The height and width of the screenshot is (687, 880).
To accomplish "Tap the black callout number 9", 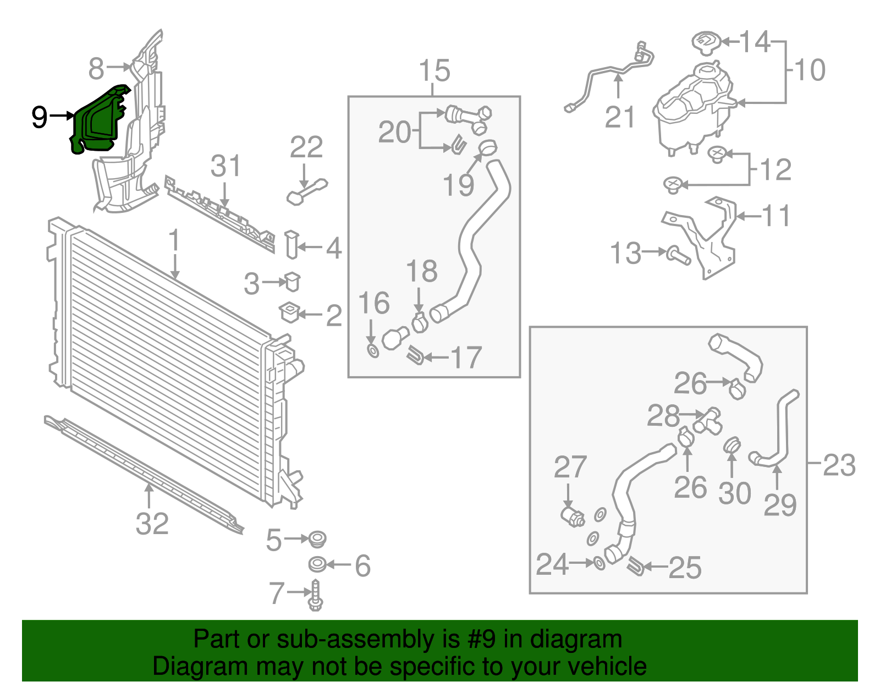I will [x=40, y=117].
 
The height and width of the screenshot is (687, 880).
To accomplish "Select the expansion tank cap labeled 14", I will [x=706, y=42].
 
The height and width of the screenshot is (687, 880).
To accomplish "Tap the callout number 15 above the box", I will [x=434, y=71].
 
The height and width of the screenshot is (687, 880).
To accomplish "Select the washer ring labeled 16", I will [x=373, y=351].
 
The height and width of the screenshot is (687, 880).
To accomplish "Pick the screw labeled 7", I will [x=316, y=596].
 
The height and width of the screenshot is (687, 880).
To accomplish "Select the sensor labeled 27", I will [x=573, y=516].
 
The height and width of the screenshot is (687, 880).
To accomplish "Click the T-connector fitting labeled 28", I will [x=709, y=421].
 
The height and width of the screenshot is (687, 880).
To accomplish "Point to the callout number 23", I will [x=839, y=465].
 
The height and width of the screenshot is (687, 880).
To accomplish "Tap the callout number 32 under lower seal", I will [x=152, y=524].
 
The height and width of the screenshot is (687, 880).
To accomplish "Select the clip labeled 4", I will [x=291, y=245].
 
